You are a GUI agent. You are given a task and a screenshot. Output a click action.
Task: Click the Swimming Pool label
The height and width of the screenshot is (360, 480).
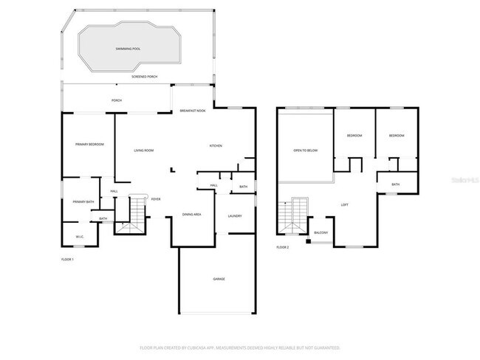(x=128, y=49)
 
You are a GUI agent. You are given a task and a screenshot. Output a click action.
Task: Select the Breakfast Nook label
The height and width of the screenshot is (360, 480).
(x=192, y=111)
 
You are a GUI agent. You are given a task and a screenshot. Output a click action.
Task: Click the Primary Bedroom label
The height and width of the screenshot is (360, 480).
(x=89, y=145)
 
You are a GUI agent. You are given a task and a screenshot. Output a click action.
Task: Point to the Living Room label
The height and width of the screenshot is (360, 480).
(x=143, y=150)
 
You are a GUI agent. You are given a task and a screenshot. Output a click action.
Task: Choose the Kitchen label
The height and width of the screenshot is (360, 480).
(x=216, y=146)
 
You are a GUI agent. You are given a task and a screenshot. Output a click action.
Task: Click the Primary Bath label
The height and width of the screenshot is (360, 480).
(x=83, y=201)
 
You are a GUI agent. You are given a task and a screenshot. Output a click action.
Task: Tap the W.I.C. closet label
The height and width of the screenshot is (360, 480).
(x=80, y=236)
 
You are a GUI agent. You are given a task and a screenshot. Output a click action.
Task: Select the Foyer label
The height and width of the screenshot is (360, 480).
(x=156, y=199)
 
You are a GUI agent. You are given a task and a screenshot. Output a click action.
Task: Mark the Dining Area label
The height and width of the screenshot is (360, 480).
(x=192, y=214)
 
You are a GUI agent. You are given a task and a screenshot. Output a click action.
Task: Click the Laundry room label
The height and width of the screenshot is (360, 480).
(x=235, y=215)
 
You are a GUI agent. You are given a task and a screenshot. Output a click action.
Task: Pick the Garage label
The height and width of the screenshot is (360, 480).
(x=219, y=279)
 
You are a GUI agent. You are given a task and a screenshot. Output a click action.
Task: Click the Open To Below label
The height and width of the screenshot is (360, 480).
(x=305, y=150)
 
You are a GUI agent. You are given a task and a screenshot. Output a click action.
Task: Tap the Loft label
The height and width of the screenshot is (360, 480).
(x=344, y=204)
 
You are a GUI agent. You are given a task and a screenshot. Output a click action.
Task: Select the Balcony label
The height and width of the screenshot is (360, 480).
(x=320, y=233)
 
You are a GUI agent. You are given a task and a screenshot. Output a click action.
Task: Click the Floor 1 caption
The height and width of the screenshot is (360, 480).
(x=67, y=259)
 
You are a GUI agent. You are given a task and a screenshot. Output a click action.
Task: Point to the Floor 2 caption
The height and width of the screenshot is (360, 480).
(x=283, y=247)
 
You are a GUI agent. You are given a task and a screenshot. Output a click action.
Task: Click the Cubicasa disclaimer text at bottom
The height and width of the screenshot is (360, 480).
(x=239, y=347)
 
